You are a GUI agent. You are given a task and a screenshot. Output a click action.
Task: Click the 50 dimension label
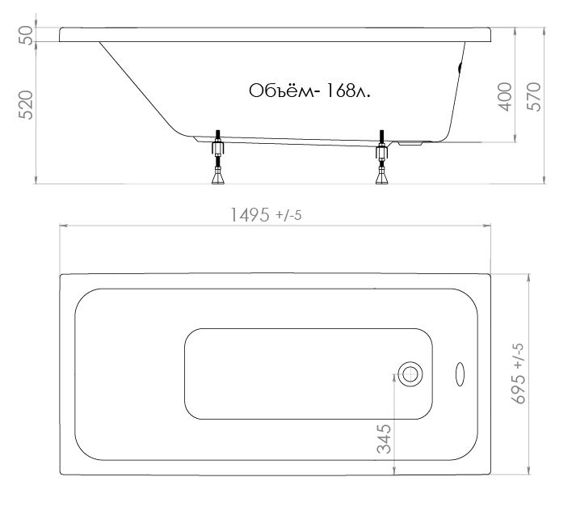26,35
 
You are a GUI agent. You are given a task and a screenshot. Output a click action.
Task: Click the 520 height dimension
26,105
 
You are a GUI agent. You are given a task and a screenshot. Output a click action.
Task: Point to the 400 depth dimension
505,97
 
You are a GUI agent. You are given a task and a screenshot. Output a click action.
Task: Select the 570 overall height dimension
534,97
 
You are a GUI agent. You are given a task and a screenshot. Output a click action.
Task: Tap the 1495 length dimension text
250,215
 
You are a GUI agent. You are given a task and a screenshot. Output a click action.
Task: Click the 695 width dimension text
518,390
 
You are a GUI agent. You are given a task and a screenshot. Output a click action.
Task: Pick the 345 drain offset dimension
384,439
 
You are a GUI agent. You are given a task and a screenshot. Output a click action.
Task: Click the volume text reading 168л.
347,91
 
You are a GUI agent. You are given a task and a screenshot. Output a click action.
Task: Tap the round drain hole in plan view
410,374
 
